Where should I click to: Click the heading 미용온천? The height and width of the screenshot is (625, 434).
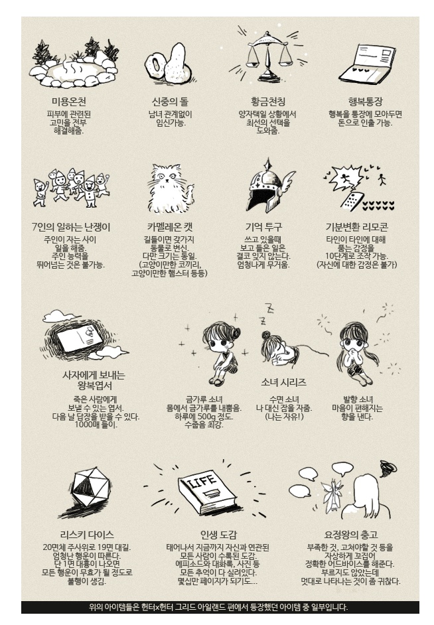(x=69, y=102)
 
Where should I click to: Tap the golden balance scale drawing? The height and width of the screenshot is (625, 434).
(x=267, y=57)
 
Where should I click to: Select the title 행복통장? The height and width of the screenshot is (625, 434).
(x=365, y=102)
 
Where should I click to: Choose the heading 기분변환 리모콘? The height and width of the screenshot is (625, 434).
(x=356, y=227)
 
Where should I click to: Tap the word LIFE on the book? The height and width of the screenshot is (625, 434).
(x=203, y=481)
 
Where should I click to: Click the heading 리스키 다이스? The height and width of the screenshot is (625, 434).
(x=87, y=535)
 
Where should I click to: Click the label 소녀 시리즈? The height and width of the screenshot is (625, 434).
(x=283, y=382)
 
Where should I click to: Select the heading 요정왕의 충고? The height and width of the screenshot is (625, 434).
(x=351, y=535)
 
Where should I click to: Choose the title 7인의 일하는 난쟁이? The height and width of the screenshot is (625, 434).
(x=70, y=227)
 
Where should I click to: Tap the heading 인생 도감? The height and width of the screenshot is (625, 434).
(x=218, y=535)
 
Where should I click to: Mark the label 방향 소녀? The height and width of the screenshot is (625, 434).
(x=358, y=399)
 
